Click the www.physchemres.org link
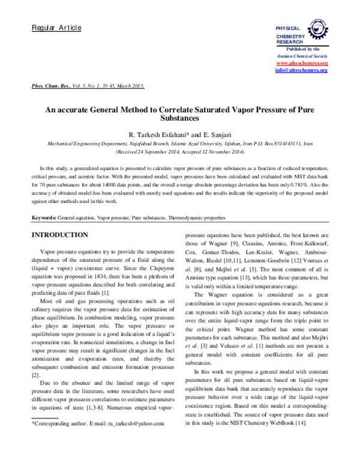coord(302,63)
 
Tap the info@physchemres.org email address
coord(301,70)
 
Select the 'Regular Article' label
coord(56,28)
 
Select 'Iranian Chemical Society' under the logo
coord(302,56)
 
